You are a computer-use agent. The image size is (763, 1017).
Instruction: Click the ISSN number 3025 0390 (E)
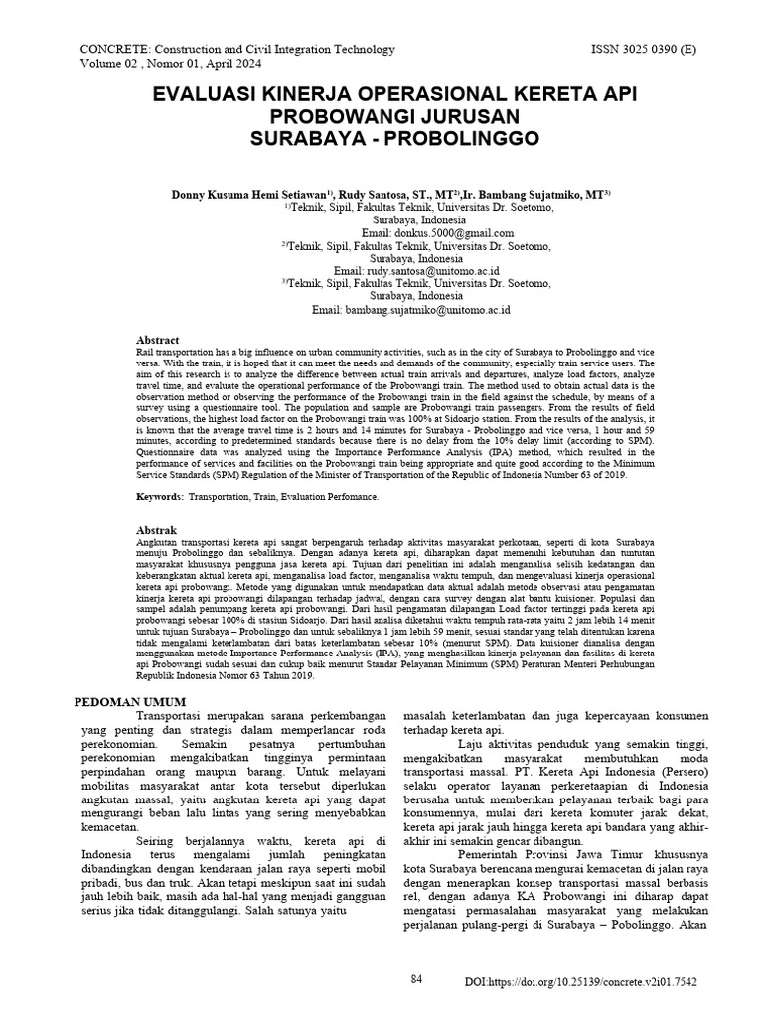point(644,49)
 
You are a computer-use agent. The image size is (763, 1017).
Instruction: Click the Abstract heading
point(156,340)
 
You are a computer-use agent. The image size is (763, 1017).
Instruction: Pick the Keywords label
point(159,495)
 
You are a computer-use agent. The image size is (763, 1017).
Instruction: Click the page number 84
point(417,979)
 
